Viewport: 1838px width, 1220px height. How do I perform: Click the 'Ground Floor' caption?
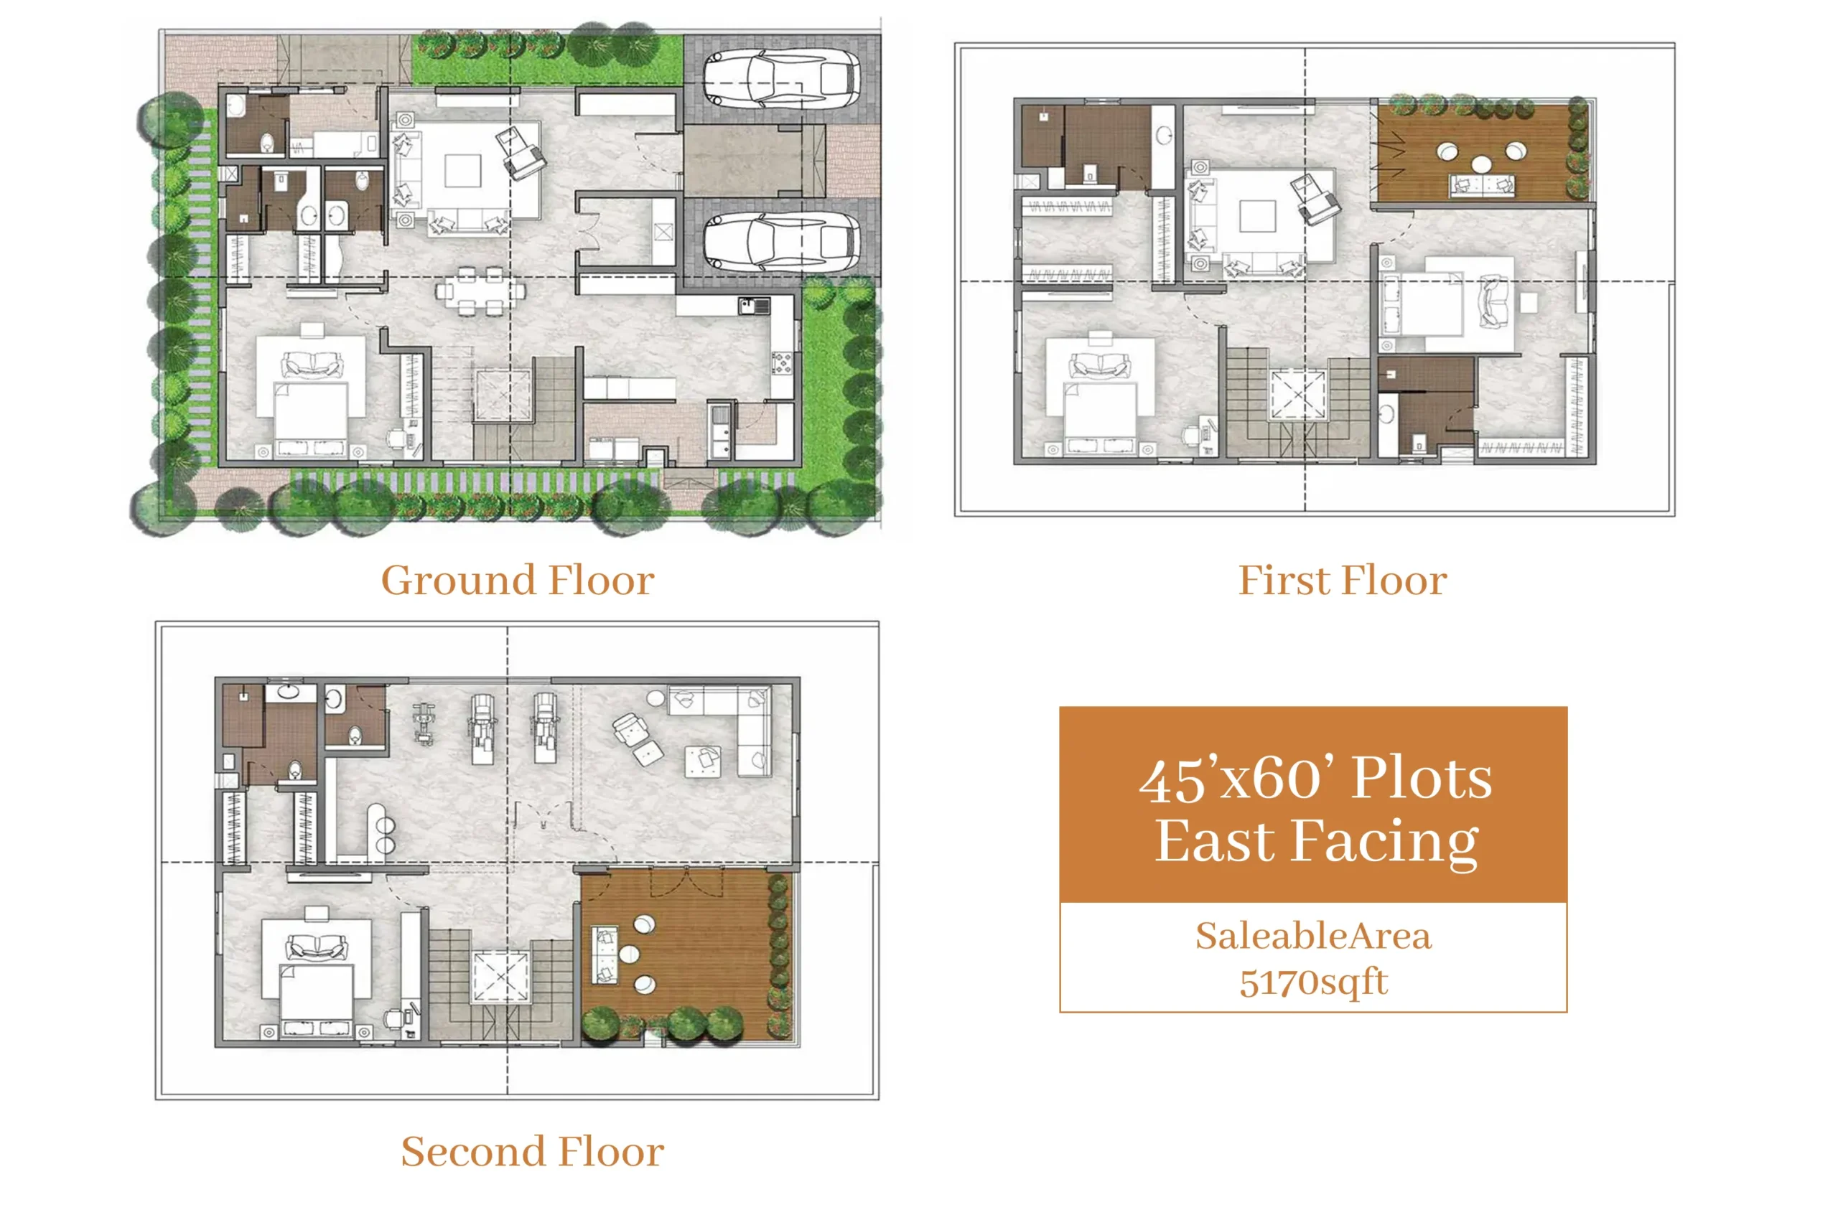pos(517,581)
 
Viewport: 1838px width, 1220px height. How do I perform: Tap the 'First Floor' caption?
pos(1342,581)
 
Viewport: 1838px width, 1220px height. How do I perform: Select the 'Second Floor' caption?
pos(533,1152)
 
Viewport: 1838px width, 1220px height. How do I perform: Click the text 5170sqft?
pos(1313,982)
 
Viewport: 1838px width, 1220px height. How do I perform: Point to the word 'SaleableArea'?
pos(1313,935)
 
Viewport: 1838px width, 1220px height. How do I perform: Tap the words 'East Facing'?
pos(1317,842)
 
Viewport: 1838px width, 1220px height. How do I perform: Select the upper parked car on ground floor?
pos(781,79)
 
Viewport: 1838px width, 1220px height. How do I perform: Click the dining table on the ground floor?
pos(480,291)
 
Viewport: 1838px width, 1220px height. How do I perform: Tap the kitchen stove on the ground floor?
pos(782,362)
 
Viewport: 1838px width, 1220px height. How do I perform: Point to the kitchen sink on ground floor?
pos(754,306)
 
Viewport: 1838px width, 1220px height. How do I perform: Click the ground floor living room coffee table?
pos(462,170)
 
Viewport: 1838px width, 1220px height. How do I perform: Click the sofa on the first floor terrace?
pos(1480,185)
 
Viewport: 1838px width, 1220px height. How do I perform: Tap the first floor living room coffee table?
pos(1257,216)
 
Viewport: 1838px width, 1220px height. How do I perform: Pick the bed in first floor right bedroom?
pos(1422,304)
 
